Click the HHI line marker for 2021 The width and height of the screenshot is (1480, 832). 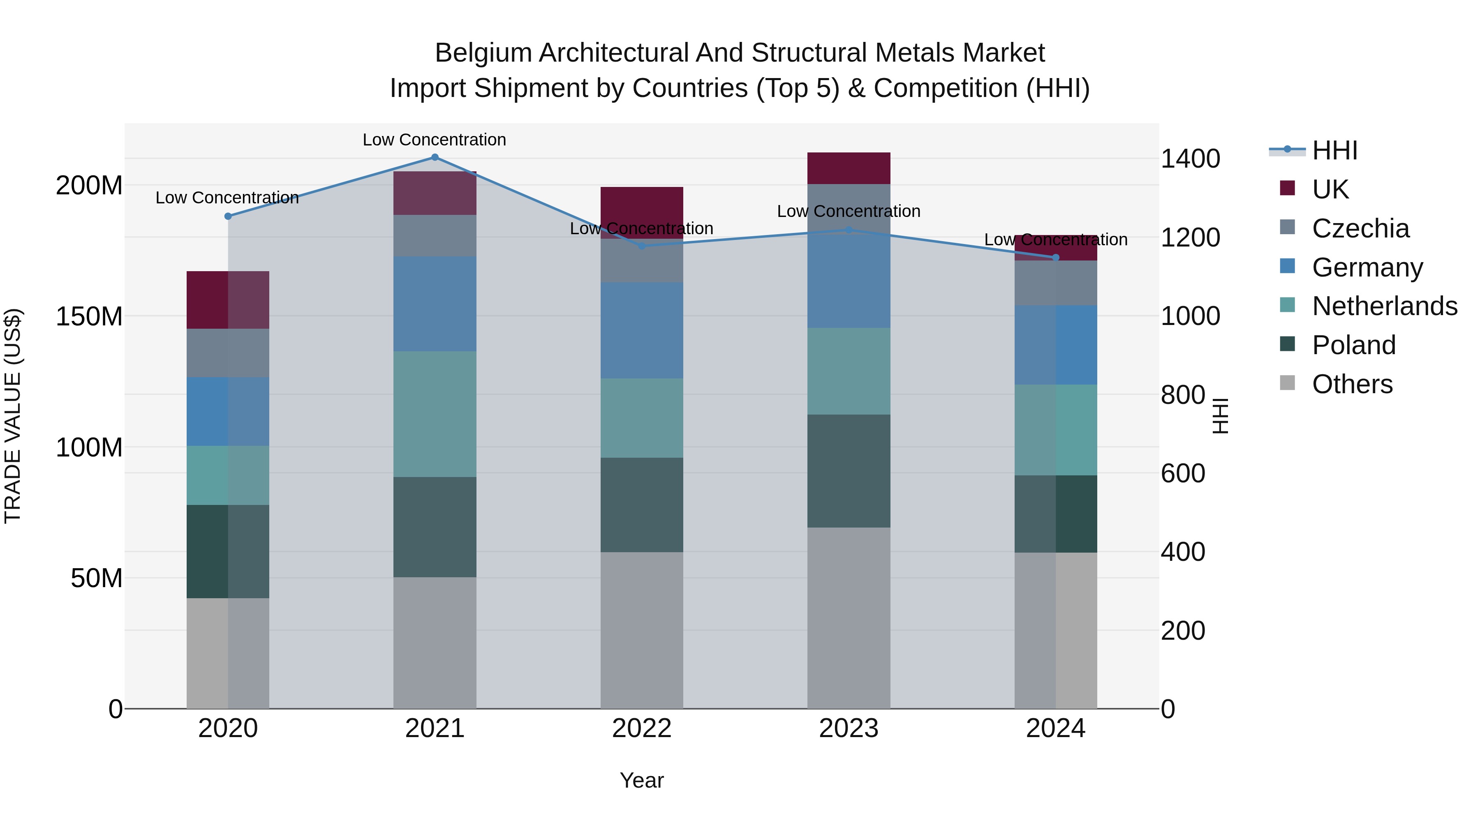tap(435, 157)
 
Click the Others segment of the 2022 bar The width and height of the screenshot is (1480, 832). tap(642, 630)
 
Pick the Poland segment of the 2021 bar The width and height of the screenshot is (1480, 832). tap(435, 527)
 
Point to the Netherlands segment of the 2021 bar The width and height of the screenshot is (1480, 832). tap(435, 414)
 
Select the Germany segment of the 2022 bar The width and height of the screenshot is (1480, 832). tap(642, 330)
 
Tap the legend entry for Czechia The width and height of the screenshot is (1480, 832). tap(1360, 228)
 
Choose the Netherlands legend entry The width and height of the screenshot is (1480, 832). tap(1384, 306)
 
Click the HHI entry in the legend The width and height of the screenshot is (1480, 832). tap(1334, 150)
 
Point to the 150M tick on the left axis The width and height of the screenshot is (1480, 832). tap(89, 316)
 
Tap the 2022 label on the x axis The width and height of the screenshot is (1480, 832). tap(642, 728)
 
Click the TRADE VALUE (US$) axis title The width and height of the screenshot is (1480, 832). tap(13, 416)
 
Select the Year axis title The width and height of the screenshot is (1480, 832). tap(642, 780)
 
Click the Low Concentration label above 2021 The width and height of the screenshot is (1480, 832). tap(435, 140)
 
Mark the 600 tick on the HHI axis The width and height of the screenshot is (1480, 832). tap(1182, 473)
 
